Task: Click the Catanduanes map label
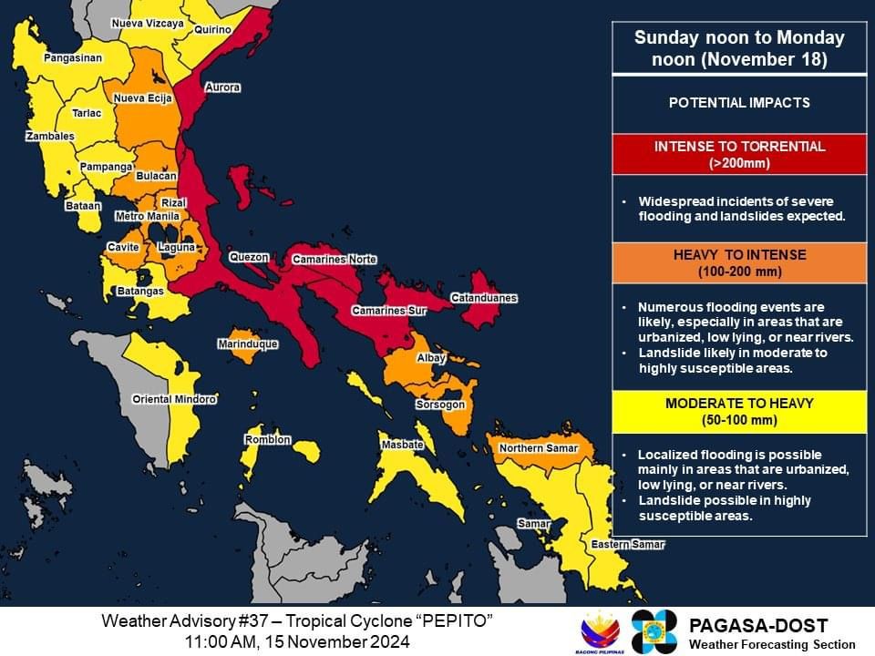click(x=484, y=298)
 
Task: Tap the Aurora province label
click(x=222, y=87)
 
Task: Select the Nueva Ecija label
click(x=142, y=98)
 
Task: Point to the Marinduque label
click(x=248, y=344)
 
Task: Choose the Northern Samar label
click(x=534, y=448)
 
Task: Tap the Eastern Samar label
click(x=628, y=545)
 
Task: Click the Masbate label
click(x=402, y=445)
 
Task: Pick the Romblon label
click(x=268, y=440)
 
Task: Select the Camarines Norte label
click(x=334, y=260)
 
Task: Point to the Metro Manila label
click(x=147, y=216)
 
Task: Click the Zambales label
click(x=49, y=136)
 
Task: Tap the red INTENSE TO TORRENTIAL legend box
click(x=739, y=154)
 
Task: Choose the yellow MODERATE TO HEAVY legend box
click(x=739, y=411)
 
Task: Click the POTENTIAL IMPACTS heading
click(x=739, y=103)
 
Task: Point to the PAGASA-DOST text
click(x=758, y=625)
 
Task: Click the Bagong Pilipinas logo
click(x=601, y=630)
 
